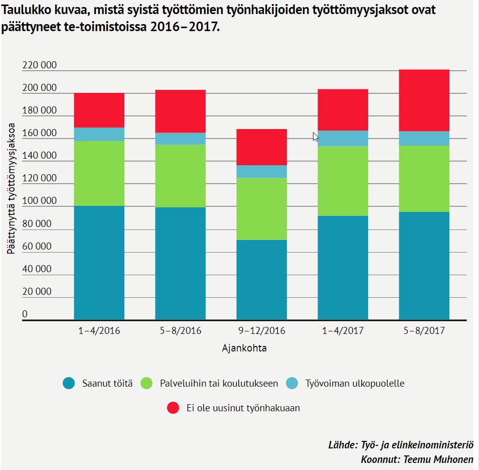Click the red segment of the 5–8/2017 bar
[424, 100]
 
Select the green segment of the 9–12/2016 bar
[261, 209]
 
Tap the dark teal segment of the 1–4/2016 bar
[99, 263]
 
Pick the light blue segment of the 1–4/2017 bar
[343, 139]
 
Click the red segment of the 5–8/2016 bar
[180, 111]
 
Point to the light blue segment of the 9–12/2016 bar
[261, 172]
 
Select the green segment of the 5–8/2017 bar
[424, 179]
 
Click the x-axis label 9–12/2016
[261, 331]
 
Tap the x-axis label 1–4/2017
[343, 331]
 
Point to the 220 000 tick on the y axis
[40, 66]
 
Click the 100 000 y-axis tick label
[40, 201]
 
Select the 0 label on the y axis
[25, 314]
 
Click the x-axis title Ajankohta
[244, 348]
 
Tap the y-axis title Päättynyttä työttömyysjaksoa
[11, 188]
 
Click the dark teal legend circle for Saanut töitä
[69, 384]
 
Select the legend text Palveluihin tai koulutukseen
[219, 384]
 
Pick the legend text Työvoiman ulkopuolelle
[355, 384]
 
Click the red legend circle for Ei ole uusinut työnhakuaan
[173, 408]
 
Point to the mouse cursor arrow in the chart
[315, 136]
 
